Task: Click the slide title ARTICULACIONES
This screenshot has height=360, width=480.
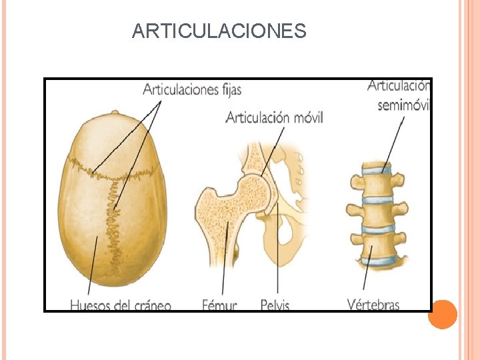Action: pos(219,31)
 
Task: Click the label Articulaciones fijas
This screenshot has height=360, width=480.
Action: pos(192,89)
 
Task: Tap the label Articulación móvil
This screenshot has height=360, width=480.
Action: pos(274,118)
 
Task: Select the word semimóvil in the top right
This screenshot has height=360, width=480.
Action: pos(404,105)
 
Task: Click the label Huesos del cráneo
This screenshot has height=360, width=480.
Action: pos(121,306)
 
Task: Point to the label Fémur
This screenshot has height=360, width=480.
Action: pos(219,306)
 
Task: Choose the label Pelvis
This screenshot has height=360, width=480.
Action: pos(275,306)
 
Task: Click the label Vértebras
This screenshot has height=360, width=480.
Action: pos(373,305)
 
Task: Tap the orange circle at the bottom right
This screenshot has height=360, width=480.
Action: pos(441,315)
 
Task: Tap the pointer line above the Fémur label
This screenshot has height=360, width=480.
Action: pos(224,260)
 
